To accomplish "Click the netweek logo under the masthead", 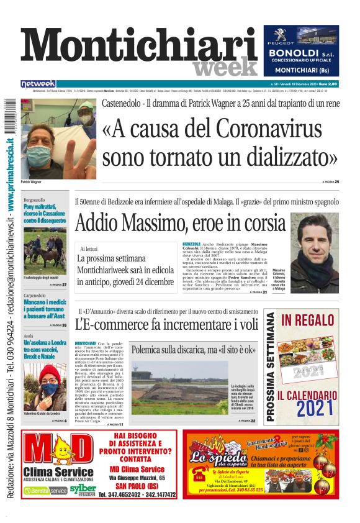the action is [38, 83].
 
